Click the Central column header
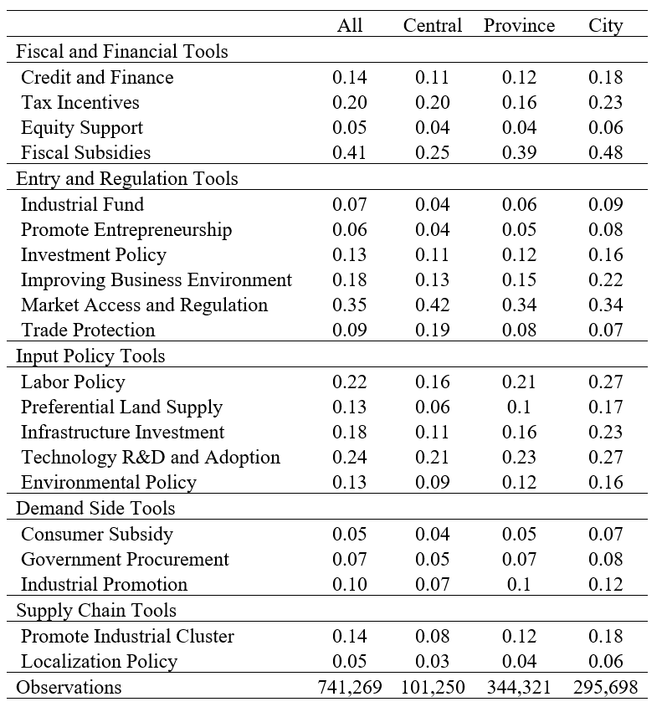click(x=433, y=25)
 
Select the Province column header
click(x=519, y=25)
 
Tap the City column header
click(x=606, y=26)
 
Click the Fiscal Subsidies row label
click(x=85, y=152)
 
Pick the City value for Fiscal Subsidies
click(x=606, y=152)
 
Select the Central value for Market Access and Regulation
click(x=433, y=305)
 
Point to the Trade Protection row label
click(x=88, y=330)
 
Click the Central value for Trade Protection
click(x=433, y=330)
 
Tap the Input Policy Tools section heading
click(x=90, y=356)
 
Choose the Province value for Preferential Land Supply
click(x=519, y=407)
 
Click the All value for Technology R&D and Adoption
click(x=350, y=457)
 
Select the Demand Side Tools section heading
click(x=95, y=508)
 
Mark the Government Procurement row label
click(x=125, y=559)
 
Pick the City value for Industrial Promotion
click(x=606, y=584)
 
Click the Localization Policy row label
click(x=100, y=662)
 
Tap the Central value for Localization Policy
click(x=433, y=662)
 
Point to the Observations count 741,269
click(x=350, y=688)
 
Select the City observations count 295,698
click(x=606, y=688)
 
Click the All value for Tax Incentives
click(x=350, y=102)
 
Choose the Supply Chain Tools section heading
click(x=96, y=611)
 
